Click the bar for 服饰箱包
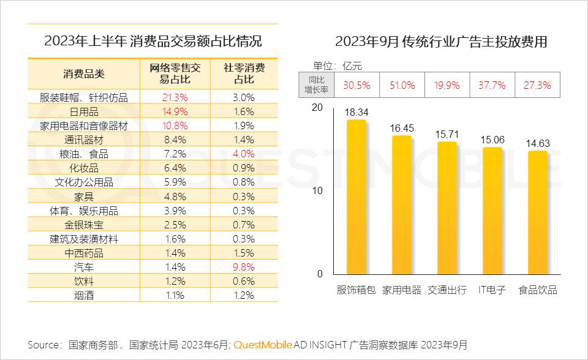tap(356, 197)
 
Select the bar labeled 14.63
tap(538, 212)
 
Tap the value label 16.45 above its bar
tap(402, 127)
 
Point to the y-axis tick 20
tap(316, 107)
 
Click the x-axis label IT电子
tap(492, 290)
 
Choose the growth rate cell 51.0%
tap(402, 86)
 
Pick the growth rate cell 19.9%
tap(447, 86)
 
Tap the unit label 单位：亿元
tap(337, 66)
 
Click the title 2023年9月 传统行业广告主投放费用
tap(441, 42)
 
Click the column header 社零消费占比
tap(244, 73)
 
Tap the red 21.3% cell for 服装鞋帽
tap(175, 97)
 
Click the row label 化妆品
tap(84, 168)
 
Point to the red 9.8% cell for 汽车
tap(244, 268)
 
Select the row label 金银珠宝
tap(84, 225)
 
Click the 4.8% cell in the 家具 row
tap(175, 197)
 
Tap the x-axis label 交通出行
tap(447, 290)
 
